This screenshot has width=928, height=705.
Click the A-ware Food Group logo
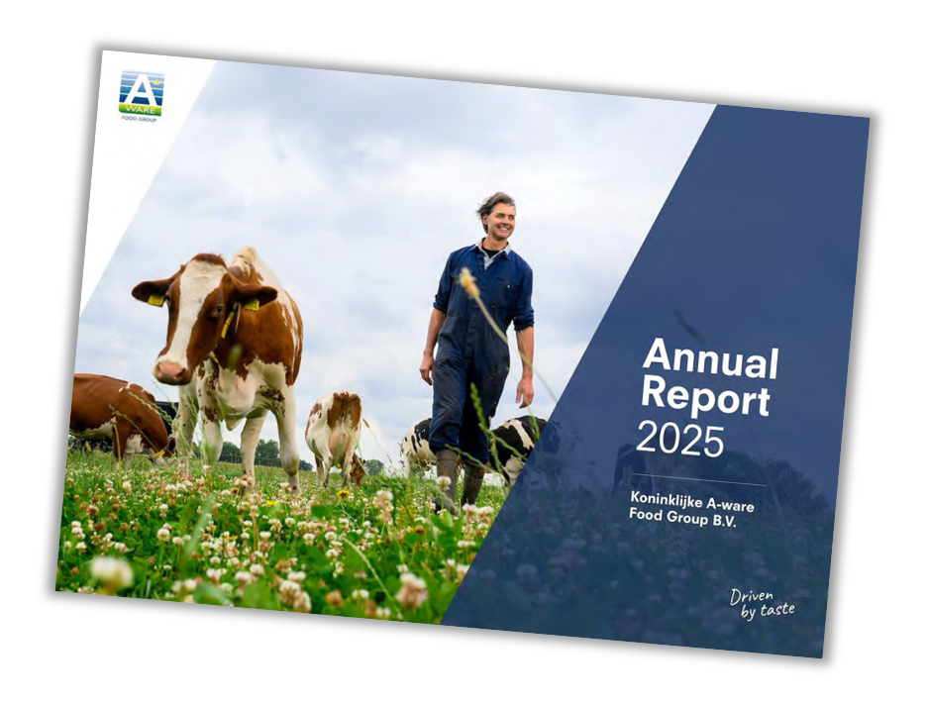click(142, 95)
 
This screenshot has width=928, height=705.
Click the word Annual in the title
click(710, 358)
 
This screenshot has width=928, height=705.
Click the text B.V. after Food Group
click(722, 522)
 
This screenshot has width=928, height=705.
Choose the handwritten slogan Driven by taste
click(762, 603)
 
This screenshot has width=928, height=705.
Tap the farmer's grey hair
click(495, 203)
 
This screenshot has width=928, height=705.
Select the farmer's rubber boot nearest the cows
click(447, 478)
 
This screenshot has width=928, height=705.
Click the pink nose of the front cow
click(169, 371)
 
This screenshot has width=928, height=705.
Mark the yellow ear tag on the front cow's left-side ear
click(155, 300)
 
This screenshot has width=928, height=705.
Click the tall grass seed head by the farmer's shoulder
click(468, 282)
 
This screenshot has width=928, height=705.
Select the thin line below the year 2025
click(698, 479)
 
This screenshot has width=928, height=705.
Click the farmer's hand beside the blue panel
click(524, 391)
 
